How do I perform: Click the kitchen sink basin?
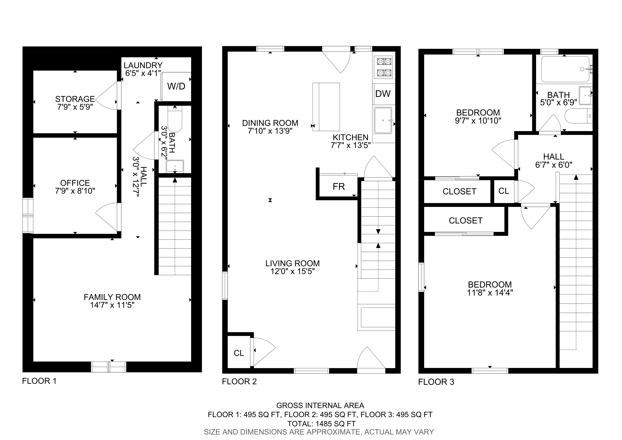383,120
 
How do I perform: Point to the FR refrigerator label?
339,187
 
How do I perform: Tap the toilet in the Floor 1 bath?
175,119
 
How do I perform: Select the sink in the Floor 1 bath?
175,166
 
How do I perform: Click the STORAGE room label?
75,99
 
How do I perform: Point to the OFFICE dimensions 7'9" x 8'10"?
75,191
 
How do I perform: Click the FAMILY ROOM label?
112,297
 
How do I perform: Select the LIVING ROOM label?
292,263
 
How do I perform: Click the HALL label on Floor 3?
553,157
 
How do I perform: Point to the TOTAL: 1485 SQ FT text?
321,424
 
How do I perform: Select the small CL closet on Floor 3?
504,191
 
